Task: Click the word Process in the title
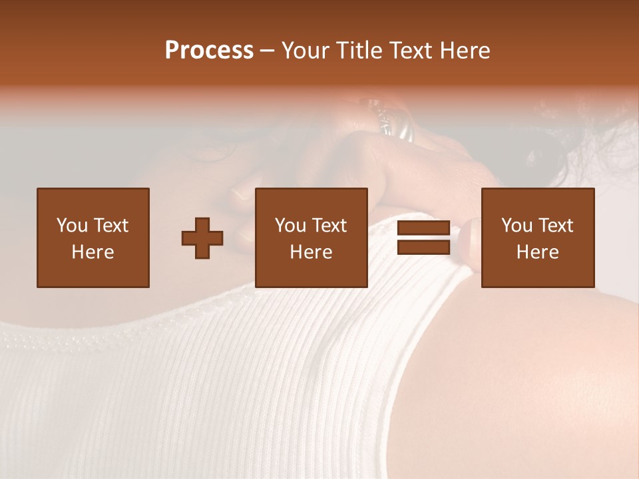coord(209,51)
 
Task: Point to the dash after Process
coord(267,51)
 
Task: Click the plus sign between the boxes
coord(202,238)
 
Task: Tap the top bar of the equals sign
coord(423,228)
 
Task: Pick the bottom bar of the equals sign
coord(423,247)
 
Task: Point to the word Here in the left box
coord(93,252)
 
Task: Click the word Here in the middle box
coord(311,252)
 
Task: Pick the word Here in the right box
coord(537,252)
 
